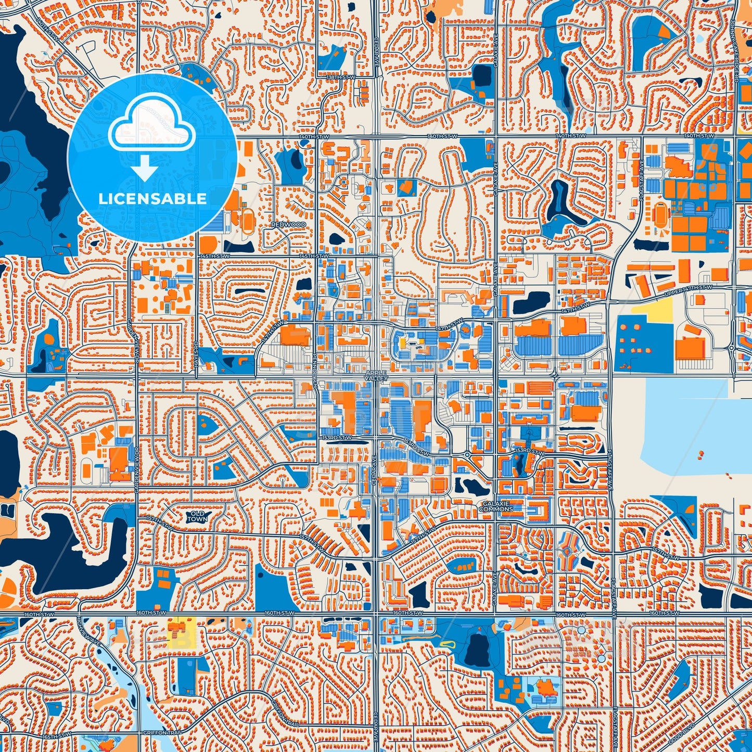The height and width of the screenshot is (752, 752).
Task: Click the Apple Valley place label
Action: click(376, 376)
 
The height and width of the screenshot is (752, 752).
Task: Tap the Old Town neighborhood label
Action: click(197, 516)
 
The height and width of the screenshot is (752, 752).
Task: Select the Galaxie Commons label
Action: click(498, 506)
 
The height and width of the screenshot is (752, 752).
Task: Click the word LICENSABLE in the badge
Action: click(152, 199)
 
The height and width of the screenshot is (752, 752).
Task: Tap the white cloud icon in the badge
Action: click(151, 125)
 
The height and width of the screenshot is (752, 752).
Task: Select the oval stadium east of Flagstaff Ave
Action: click(660, 212)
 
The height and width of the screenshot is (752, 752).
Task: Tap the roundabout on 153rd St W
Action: click(467, 454)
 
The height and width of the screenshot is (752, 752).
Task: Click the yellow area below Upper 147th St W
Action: click(653, 311)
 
